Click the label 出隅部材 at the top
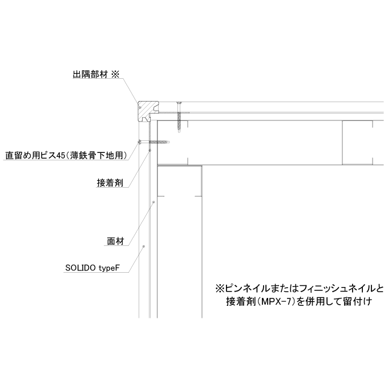click(x=90, y=75)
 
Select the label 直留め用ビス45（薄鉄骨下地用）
click(x=66, y=156)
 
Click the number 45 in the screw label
click(x=60, y=156)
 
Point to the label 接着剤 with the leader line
click(x=110, y=183)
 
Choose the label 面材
click(x=115, y=241)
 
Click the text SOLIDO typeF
click(x=92, y=268)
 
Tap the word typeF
click(x=110, y=268)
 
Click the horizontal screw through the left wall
click(x=154, y=142)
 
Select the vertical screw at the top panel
click(x=179, y=117)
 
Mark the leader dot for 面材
click(x=153, y=202)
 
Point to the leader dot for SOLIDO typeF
click(x=144, y=246)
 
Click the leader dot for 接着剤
click(x=149, y=150)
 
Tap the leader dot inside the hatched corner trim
click(x=140, y=107)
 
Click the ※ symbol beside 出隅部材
click(x=115, y=74)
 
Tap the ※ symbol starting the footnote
click(x=220, y=289)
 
